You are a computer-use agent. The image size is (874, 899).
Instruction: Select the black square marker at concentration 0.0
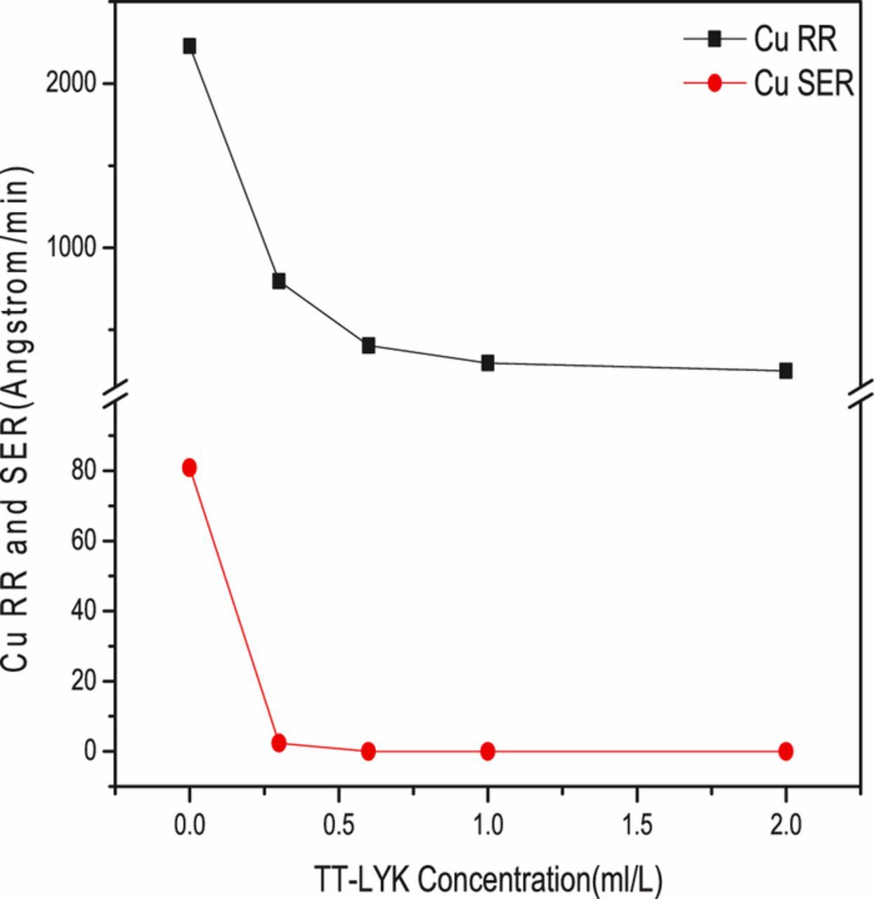tap(189, 46)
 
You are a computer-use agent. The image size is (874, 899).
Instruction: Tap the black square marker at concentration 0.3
tap(279, 281)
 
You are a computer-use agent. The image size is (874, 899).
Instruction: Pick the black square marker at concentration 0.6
tap(368, 345)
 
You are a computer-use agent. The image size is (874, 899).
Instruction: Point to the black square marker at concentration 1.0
tap(488, 363)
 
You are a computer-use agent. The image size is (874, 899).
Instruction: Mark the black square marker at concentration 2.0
tap(785, 370)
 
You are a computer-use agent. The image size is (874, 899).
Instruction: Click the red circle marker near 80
tap(189, 468)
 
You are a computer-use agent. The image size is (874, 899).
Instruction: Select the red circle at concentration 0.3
tap(279, 743)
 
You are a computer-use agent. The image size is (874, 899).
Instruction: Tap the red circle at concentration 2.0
tap(785, 752)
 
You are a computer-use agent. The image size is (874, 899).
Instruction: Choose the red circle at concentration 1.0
tap(488, 752)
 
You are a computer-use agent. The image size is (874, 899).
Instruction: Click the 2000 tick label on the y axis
tap(70, 84)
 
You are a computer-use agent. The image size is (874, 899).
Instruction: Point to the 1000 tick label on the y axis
tap(70, 247)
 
